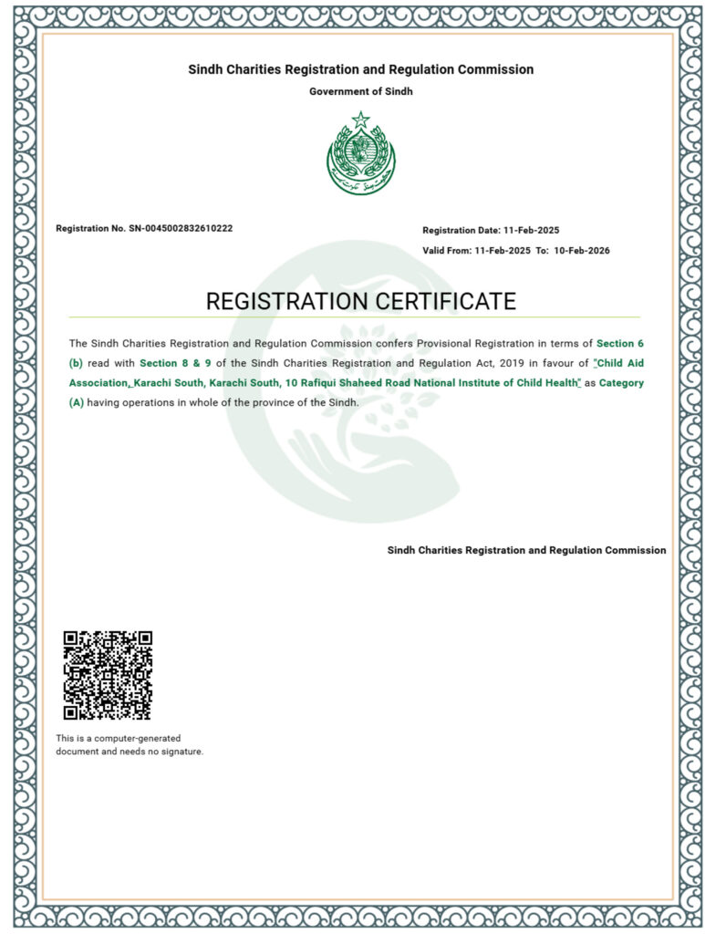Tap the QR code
tap(108, 675)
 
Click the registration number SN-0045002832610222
tap(181, 228)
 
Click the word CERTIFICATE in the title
tap(441, 301)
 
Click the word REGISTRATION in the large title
tap(283, 301)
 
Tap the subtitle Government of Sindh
tap(361, 91)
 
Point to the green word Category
tap(621, 383)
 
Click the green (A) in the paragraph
tap(77, 402)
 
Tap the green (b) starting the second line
tap(77, 363)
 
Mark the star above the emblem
tap(361, 119)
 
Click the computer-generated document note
tap(129, 744)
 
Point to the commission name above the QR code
tap(526, 550)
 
